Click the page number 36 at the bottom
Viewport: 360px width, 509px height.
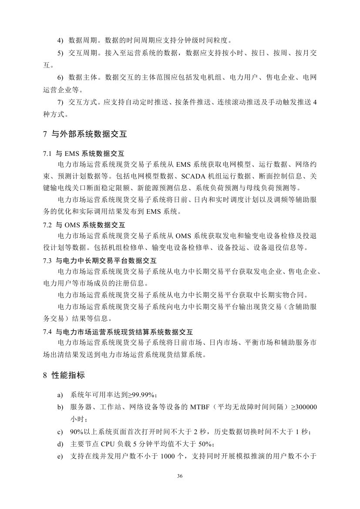180,475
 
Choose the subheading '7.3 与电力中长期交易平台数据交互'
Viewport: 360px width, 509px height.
100,260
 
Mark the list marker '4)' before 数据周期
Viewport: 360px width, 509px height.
61,41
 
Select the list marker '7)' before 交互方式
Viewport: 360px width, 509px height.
61,102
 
